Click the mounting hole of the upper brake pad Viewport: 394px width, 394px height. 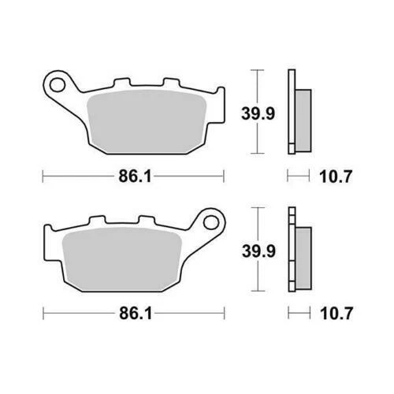pos(58,84)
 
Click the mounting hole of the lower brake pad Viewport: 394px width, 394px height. pos(211,223)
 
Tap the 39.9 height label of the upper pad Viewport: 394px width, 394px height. pos(258,114)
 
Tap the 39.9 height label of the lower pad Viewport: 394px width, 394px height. pos(258,251)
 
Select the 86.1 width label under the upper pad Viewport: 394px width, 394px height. pos(135,177)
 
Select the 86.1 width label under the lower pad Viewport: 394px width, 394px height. pos(136,314)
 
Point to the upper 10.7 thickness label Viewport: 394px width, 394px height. pos(335,177)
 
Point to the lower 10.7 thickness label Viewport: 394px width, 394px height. pos(336,314)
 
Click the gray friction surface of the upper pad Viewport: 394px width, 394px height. pos(146,121)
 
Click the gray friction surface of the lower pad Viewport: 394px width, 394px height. pos(122,258)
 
